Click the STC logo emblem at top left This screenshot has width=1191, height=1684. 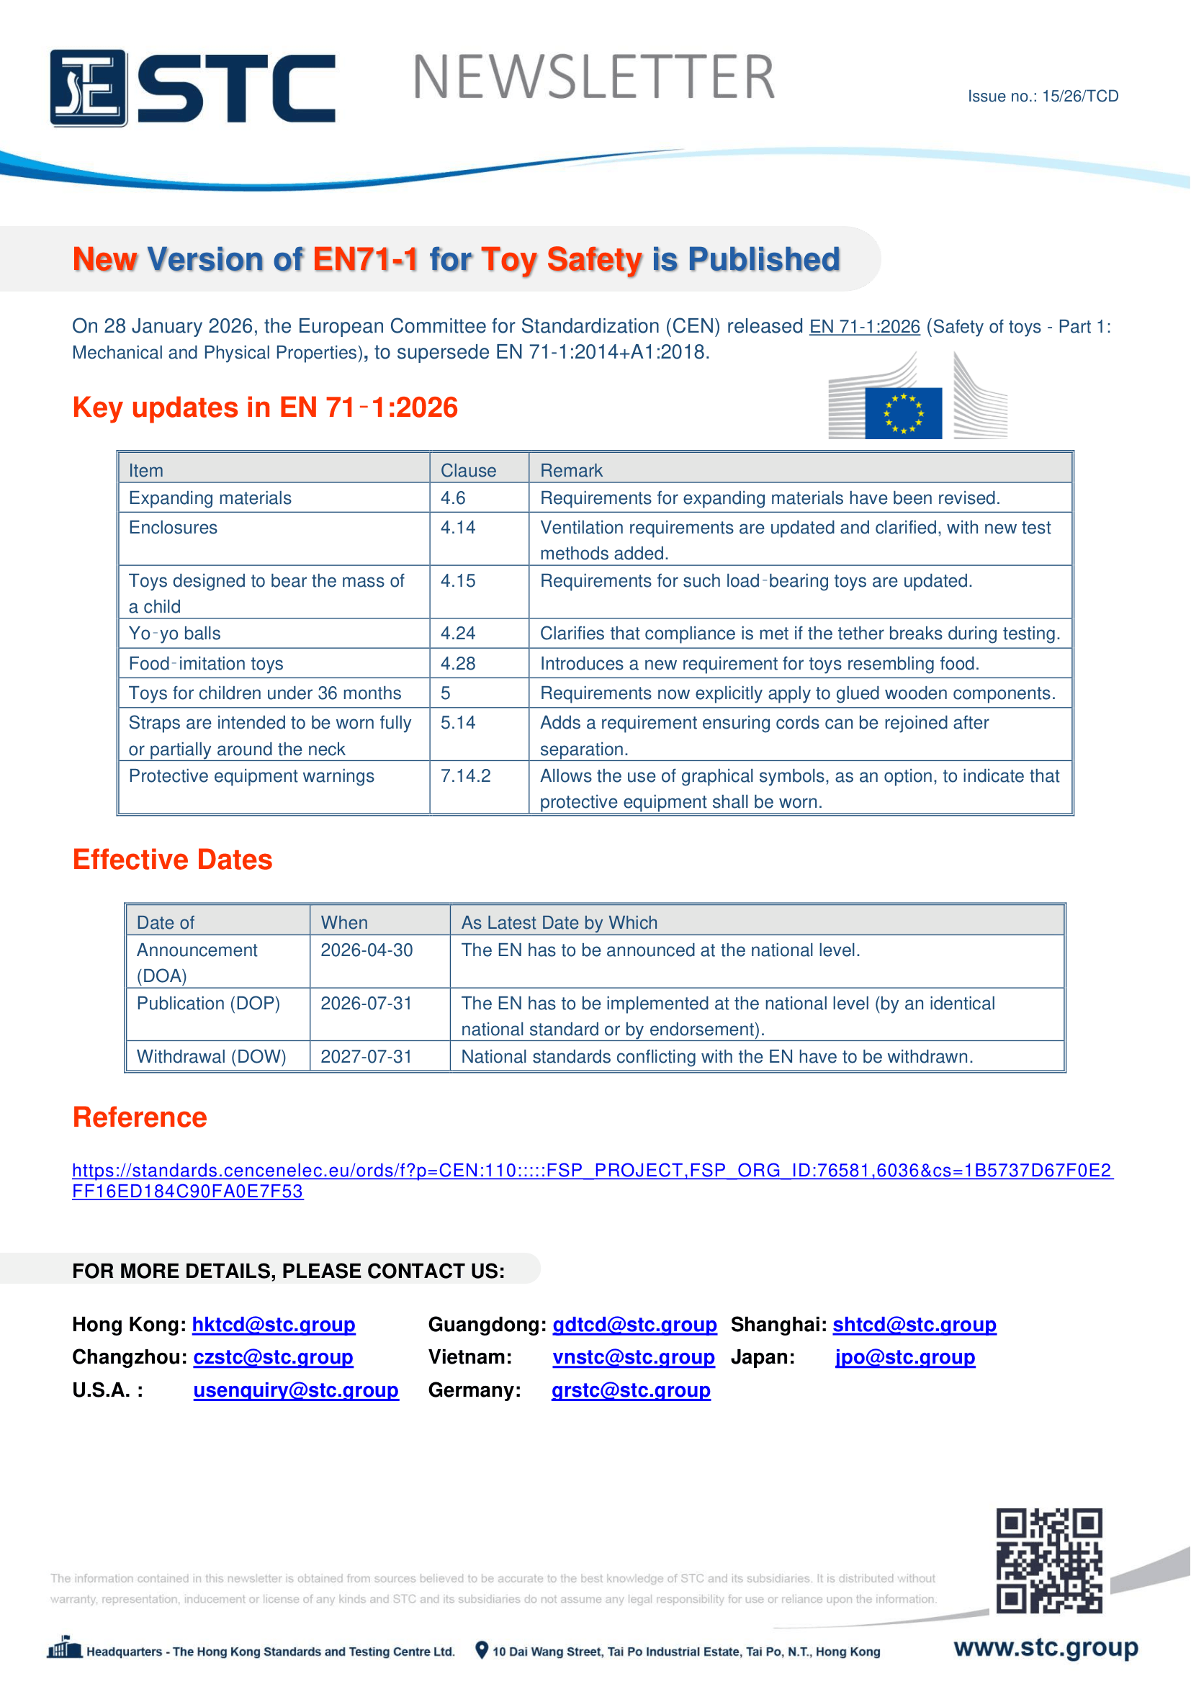88,88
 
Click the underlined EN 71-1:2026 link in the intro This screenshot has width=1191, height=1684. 864,327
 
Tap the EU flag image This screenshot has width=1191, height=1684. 903,413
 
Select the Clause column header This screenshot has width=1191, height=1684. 468,470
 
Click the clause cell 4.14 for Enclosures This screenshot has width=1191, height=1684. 458,527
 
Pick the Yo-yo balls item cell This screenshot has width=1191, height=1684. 174,633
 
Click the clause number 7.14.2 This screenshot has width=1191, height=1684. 465,776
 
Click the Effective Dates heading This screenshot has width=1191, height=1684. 172,860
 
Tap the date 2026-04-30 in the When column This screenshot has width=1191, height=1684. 367,950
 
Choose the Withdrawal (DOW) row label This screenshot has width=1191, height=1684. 211,1056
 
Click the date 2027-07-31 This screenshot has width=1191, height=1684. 367,1056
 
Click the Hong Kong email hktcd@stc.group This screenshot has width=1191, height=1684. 274,1325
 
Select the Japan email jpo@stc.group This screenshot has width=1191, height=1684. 905,1357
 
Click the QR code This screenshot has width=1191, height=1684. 1048,1561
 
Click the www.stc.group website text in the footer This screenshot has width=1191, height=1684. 1046,1648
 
